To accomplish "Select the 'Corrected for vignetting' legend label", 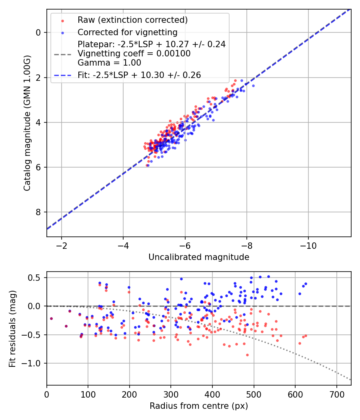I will coord(128,32).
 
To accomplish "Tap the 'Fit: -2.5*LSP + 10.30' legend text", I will coord(139,75).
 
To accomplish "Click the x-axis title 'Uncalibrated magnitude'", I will coord(199,257).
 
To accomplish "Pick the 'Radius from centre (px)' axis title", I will coord(199,406).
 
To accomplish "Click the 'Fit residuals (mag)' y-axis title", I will coord(12,328).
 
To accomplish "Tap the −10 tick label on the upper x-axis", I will coord(308,244).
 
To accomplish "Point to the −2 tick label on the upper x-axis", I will coord(62,244).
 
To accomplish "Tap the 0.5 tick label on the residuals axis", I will coord(37,278).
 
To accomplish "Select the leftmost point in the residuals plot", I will coord(51,318).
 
